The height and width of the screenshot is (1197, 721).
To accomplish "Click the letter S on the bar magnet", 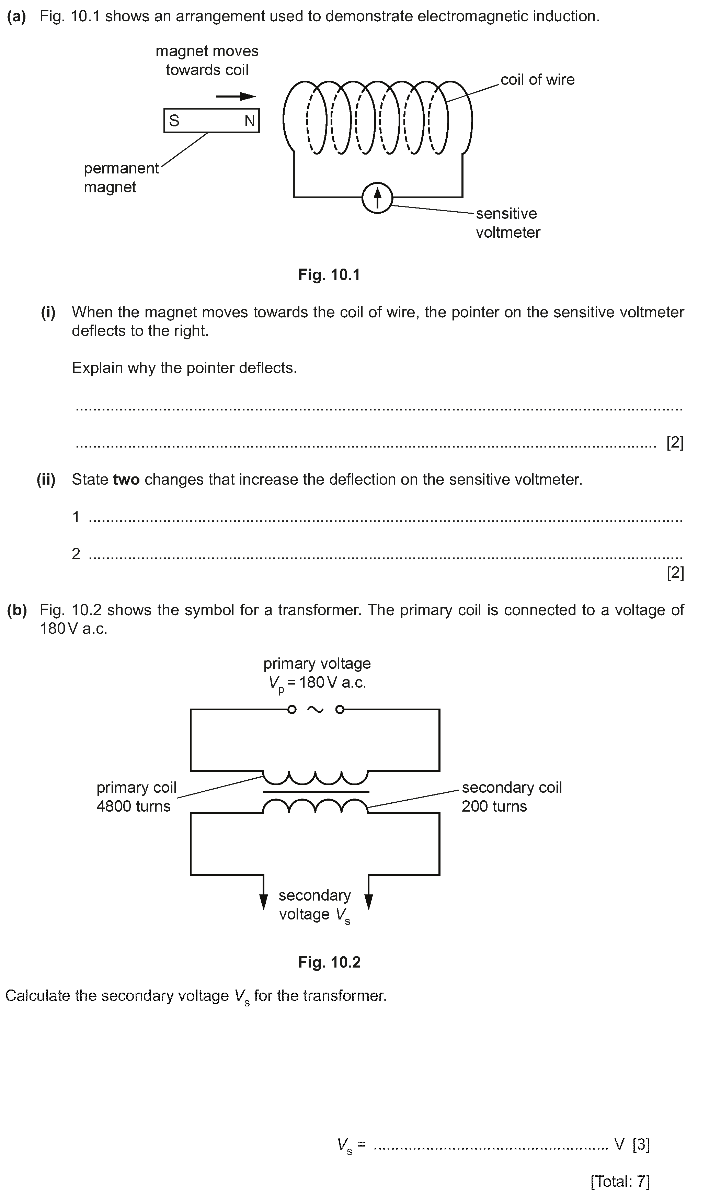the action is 174,121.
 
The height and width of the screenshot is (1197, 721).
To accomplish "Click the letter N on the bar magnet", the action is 250,121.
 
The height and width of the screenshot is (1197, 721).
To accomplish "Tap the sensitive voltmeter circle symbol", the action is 377,197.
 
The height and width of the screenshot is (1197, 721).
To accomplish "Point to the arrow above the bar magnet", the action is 236,96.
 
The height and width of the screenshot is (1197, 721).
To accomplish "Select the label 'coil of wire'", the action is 537,80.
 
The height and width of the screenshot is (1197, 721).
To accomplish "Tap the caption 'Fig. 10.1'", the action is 329,275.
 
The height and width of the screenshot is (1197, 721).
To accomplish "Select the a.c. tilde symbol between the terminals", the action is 315,710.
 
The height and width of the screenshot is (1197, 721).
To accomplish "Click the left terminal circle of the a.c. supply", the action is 292,710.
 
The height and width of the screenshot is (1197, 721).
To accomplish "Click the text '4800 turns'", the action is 134,806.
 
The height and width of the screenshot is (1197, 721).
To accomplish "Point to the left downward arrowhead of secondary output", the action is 264,901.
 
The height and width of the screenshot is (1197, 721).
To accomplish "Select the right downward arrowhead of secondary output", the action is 369,901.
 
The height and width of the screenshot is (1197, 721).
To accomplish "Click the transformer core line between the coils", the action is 316,792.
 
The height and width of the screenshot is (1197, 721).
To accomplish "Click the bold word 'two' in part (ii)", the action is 126,479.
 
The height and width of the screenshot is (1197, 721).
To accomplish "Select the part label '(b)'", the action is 17,610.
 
